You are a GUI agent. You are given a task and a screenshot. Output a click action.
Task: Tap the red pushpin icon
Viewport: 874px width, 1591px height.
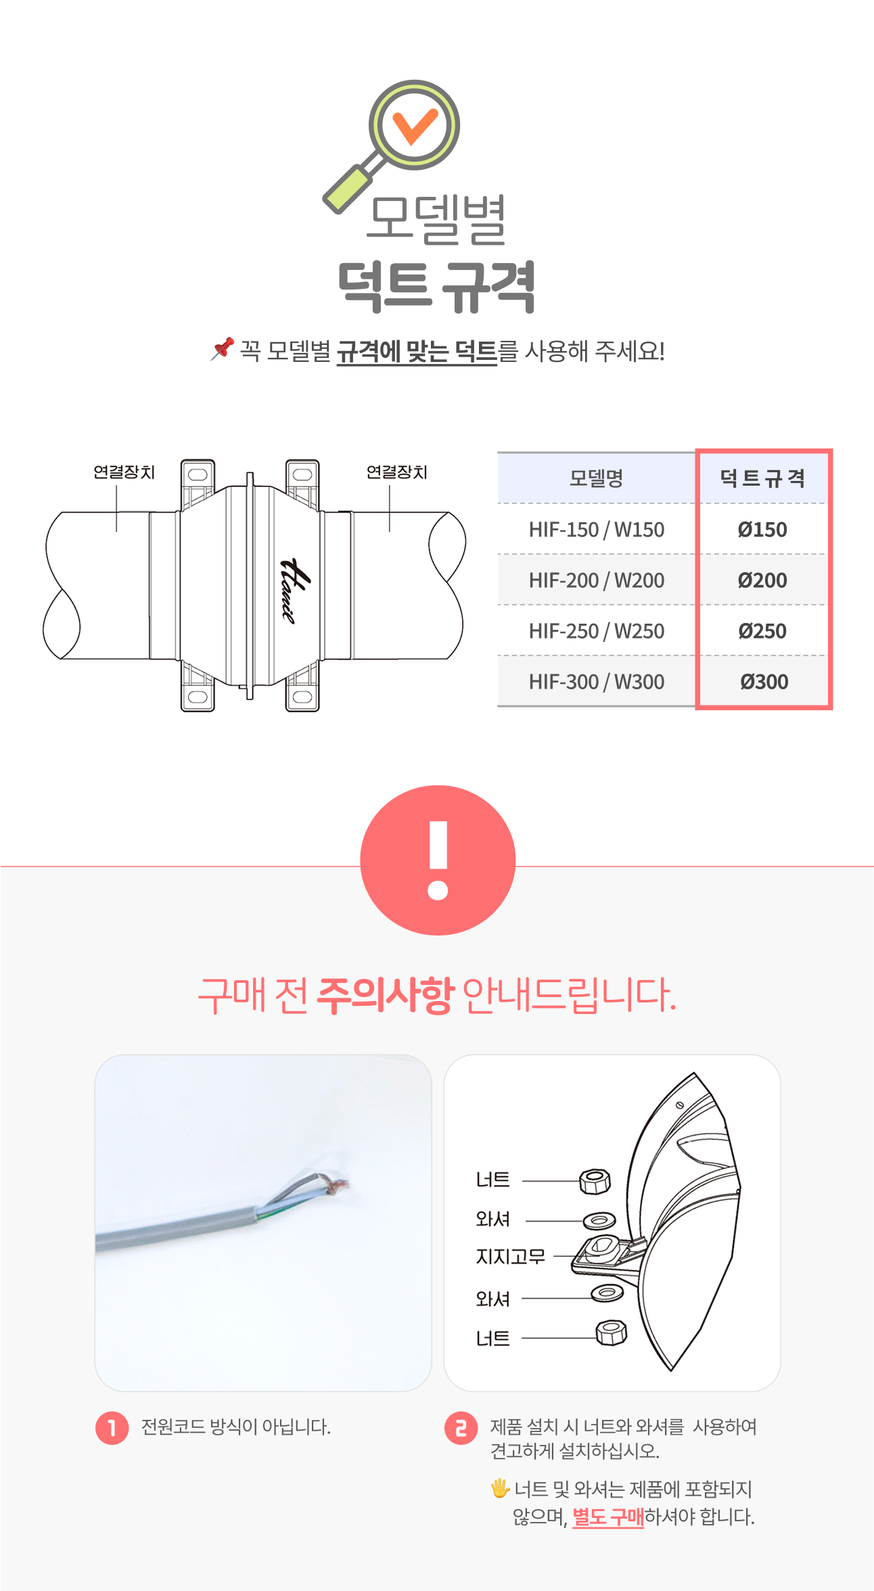(x=222, y=348)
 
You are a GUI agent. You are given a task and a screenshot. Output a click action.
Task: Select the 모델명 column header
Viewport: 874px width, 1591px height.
(x=596, y=478)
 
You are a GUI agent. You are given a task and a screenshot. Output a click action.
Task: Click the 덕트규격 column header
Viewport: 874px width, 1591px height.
(x=762, y=478)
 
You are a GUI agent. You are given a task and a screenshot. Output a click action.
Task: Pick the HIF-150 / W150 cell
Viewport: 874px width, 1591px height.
(x=596, y=529)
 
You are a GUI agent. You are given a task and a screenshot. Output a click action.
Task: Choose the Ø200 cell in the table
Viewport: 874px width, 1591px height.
(x=762, y=580)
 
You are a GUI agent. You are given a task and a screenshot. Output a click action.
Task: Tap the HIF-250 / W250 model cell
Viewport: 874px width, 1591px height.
(x=596, y=630)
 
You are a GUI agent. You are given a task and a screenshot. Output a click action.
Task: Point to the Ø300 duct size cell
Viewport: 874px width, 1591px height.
(x=764, y=681)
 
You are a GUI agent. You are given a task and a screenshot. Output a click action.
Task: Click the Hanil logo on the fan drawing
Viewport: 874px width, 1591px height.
(x=296, y=591)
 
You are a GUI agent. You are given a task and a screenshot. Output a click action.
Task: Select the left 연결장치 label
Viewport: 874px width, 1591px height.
(x=124, y=472)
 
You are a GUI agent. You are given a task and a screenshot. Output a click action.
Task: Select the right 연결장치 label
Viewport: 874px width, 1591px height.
(x=397, y=472)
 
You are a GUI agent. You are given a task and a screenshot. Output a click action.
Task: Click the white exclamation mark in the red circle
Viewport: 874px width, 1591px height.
(x=438, y=860)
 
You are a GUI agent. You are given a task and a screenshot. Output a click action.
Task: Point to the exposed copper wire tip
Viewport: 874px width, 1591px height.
(x=336, y=1185)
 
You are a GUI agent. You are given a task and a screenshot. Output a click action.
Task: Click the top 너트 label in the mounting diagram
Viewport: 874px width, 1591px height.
(x=492, y=1180)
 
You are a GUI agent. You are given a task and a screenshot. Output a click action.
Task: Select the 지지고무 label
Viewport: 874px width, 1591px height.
(x=510, y=1257)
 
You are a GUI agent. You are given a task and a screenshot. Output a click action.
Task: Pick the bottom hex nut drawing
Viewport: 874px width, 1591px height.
(x=612, y=1333)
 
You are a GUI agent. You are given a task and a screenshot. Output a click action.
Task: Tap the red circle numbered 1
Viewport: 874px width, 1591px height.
(x=112, y=1428)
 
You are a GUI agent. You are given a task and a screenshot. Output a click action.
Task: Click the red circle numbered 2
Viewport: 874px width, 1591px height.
(x=461, y=1428)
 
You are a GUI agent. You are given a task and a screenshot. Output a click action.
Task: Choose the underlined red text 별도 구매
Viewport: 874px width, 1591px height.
(x=608, y=1517)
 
